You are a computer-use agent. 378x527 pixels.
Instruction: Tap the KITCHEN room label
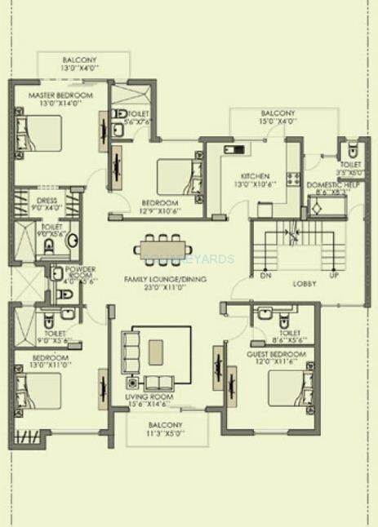(254, 176)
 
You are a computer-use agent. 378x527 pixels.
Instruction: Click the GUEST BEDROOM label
(276, 355)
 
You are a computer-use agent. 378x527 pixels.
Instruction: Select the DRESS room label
(46, 200)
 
